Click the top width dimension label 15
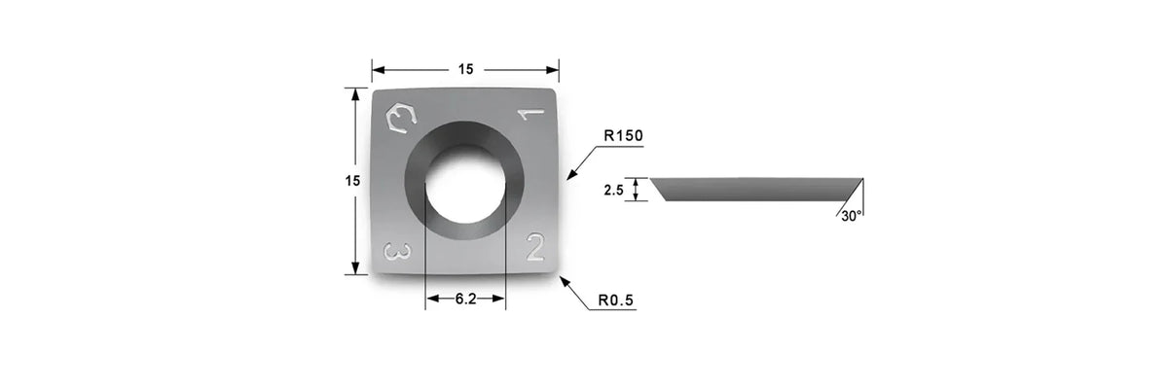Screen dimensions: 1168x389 click(465, 69)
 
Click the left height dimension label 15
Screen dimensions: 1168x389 click(352, 181)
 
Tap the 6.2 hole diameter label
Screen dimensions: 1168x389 click(465, 299)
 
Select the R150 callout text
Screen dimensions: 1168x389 click(623, 136)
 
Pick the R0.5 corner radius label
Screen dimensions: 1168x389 click(616, 301)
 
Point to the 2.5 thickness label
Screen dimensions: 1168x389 click(614, 190)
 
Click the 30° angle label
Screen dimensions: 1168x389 click(851, 216)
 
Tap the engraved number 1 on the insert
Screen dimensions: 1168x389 click(530, 114)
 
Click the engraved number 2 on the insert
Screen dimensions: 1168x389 click(535, 247)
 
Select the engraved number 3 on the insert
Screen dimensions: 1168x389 click(397, 252)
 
